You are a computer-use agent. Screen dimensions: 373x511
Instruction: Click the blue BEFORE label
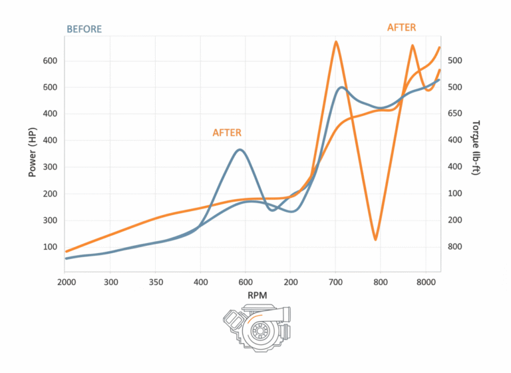click(83, 29)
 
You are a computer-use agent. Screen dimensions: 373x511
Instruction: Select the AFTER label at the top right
click(401, 27)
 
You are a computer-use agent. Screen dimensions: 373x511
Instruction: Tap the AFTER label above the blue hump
click(227, 133)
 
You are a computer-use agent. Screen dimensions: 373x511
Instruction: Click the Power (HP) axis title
click(32, 153)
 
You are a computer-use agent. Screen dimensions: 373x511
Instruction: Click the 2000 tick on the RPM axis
click(66, 282)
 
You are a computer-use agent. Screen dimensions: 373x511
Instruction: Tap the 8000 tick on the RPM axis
click(425, 282)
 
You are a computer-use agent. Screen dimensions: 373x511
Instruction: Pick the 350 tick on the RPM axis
click(156, 282)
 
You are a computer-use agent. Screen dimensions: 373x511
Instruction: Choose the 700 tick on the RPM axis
click(335, 282)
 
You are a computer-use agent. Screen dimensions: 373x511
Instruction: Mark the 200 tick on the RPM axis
click(290, 282)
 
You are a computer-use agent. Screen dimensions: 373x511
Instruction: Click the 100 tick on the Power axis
click(51, 247)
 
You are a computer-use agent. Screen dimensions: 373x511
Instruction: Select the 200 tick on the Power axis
click(51, 194)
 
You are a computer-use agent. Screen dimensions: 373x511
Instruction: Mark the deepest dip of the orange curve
click(375, 239)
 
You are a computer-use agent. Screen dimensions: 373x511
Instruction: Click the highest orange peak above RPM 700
click(336, 42)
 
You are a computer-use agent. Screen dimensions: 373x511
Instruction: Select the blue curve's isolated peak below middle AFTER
click(240, 150)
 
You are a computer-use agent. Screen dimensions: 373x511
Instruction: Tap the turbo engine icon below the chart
click(255, 328)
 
